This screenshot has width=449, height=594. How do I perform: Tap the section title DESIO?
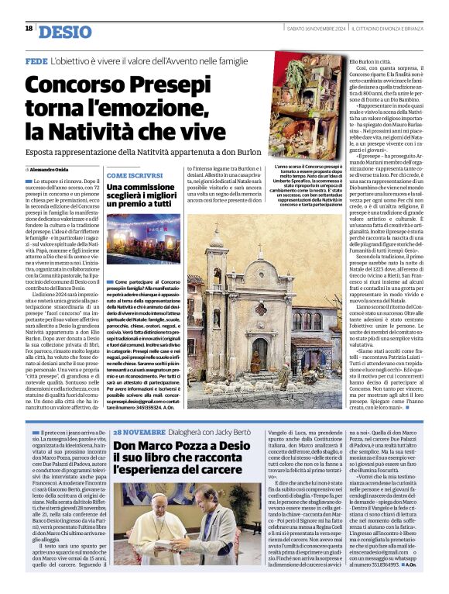coord(63,31)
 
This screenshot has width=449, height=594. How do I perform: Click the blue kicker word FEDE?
coord(36,60)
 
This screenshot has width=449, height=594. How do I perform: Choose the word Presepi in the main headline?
coord(163,83)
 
